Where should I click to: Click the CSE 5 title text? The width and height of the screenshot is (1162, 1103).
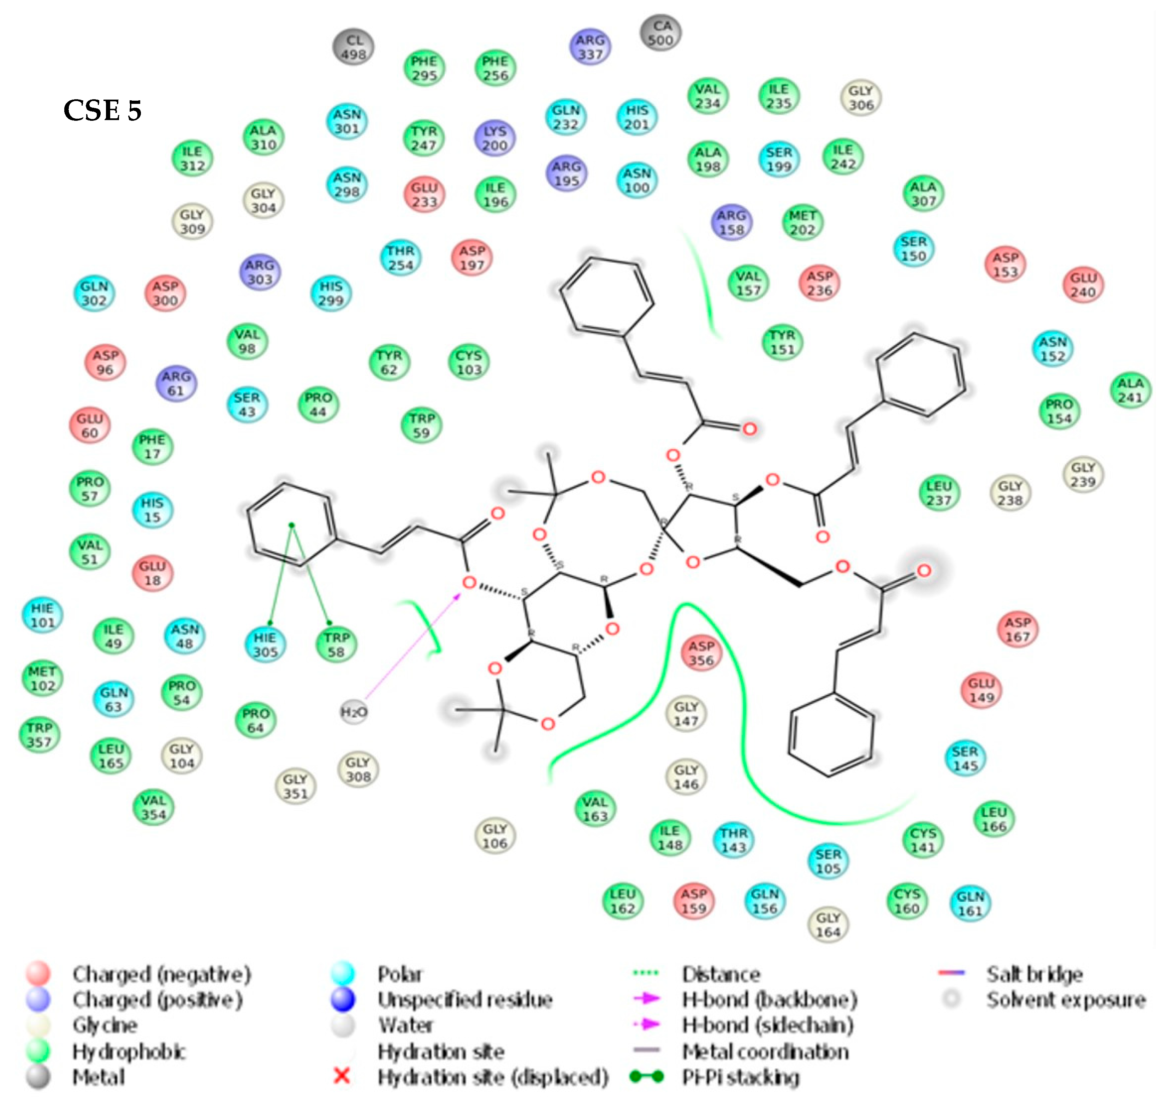pos(102,111)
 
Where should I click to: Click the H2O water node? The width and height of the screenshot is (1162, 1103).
pos(354,712)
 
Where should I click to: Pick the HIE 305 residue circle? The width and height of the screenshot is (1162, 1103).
pos(265,645)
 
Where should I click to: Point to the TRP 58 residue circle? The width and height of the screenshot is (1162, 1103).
pos(336,645)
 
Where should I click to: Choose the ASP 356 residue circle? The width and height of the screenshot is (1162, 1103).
pos(701,653)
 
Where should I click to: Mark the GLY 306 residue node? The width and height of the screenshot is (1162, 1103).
pos(861,97)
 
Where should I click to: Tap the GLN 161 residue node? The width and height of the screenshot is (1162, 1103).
pos(970,904)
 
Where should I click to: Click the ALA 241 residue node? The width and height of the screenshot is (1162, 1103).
pos(1130,390)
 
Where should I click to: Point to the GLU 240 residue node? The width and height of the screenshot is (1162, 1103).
pos(1083,285)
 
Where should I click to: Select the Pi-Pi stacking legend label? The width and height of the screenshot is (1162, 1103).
pos(740,1077)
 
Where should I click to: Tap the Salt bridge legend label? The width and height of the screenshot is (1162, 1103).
pos(1034,974)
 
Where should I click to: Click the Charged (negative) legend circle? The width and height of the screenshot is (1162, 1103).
pos(38,974)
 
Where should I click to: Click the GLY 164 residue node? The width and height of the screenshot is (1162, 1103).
pos(828,925)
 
